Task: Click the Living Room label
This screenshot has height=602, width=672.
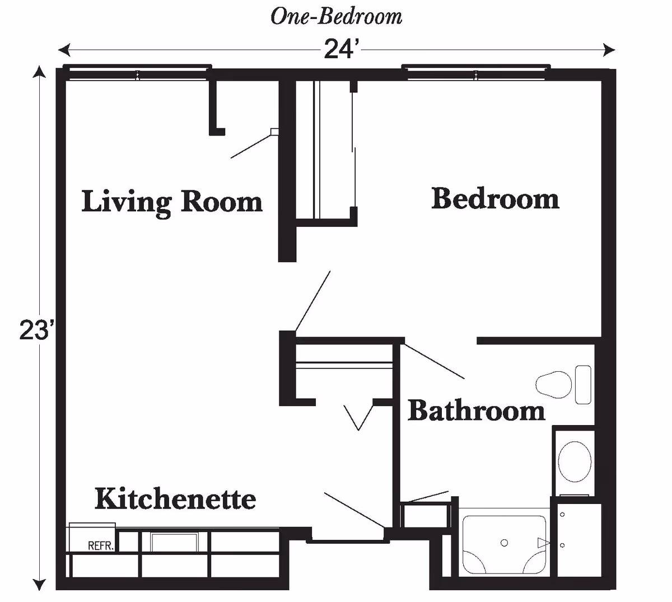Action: pyautogui.click(x=172, y=202)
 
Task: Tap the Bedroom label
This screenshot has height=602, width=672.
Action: pyautogui.click(x=495, y=199)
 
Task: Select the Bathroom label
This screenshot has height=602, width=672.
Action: pyautogui.click(x=476, y=410)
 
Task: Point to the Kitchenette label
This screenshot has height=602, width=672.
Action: pyautogui.click(x=175, y=498)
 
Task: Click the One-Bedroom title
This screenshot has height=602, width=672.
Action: pyautogui.click(x=336, y=17)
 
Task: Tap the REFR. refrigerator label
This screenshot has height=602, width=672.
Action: pyautogui.click(x=101, y=545)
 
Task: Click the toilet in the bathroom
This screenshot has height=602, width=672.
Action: pyautogui.click(x=560, y=384)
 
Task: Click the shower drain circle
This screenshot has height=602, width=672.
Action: pyautogui.click(x=504, y=543)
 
